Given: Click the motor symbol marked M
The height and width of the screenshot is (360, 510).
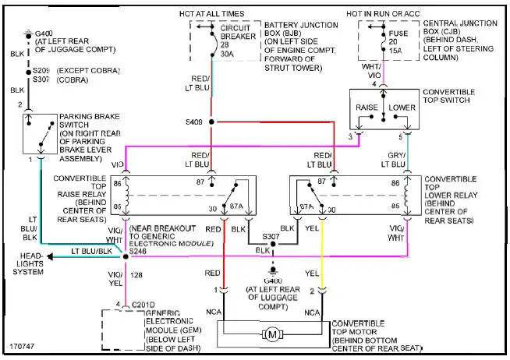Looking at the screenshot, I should [x=272, y=334].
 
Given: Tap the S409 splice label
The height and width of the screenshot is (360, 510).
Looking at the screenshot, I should [x=194, y=122].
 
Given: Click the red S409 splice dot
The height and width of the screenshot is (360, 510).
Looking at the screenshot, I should [x=211, y=122].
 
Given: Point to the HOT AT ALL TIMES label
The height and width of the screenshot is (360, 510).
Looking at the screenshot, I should [x=212, y=13].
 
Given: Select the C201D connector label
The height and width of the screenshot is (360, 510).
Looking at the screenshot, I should [x=144, y=304].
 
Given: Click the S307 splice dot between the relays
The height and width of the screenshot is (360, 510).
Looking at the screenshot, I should [x=271, y=244].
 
